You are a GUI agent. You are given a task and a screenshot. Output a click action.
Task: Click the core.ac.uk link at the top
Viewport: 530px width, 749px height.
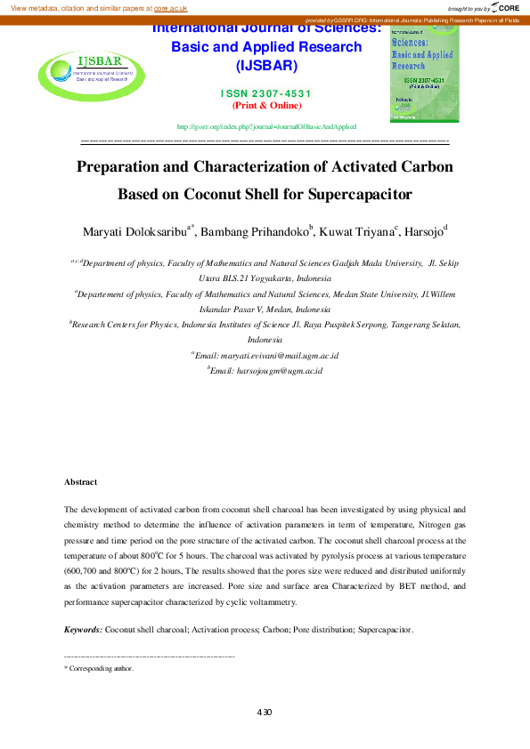[x=170, y=7]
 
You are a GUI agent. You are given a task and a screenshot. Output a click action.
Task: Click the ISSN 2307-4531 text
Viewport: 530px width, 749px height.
[x=265, y=93]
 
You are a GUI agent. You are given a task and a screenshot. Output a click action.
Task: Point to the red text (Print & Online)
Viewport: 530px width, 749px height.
[x=265, y=105]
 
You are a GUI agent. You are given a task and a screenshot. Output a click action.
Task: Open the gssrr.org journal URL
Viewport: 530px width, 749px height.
[x=266, y=127]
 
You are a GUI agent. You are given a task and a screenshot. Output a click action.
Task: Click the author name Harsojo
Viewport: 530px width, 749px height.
[x=423, y=233]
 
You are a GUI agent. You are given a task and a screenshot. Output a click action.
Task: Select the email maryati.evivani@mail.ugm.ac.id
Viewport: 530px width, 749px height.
[x=267, y=355]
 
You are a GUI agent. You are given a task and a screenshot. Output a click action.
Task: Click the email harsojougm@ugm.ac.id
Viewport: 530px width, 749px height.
[x=266, y=369]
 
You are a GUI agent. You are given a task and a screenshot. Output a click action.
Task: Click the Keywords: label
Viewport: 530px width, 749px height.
[x=83, y=630]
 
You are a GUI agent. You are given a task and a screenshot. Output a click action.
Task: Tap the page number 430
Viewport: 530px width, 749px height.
[x=264, y=713]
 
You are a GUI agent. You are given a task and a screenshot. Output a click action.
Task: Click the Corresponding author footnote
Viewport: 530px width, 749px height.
[x=101, y=668]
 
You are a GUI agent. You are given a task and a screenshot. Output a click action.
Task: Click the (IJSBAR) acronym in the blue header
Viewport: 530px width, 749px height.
[x=265, y=67]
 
